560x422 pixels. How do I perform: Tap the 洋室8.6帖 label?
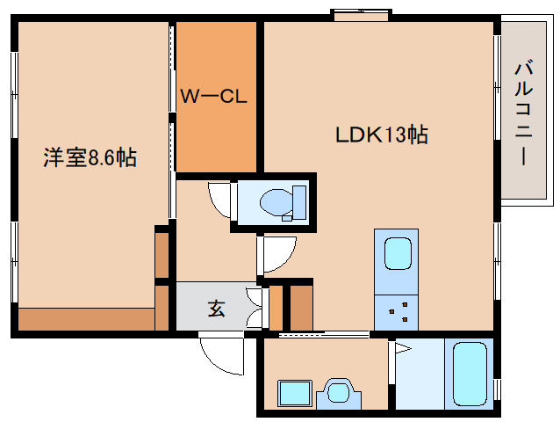(90, 158)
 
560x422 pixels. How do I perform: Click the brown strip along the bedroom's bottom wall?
(86, 319)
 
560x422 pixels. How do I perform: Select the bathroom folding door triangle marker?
(403, 350)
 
